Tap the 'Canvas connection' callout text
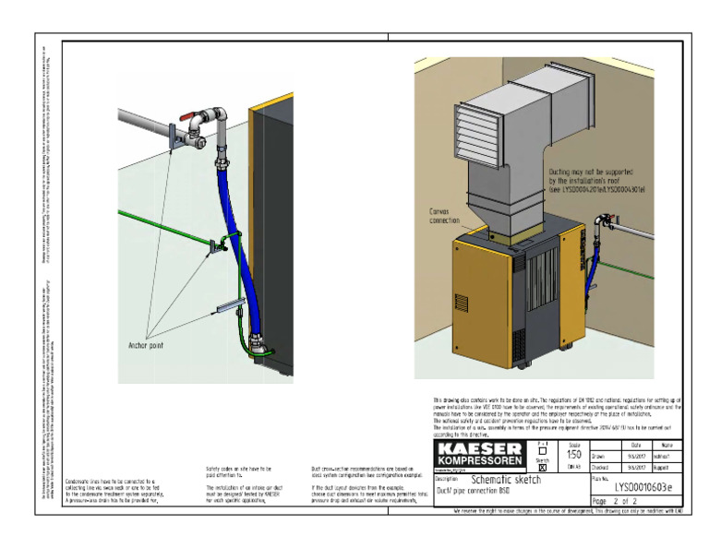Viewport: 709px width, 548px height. coord(444,216)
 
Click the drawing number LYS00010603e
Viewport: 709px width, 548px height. coord(643,486)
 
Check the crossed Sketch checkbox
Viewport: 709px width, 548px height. coord(542,468)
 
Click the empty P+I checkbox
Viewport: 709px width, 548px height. coord(542,451)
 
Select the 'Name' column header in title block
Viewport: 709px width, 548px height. coord(667,445)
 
